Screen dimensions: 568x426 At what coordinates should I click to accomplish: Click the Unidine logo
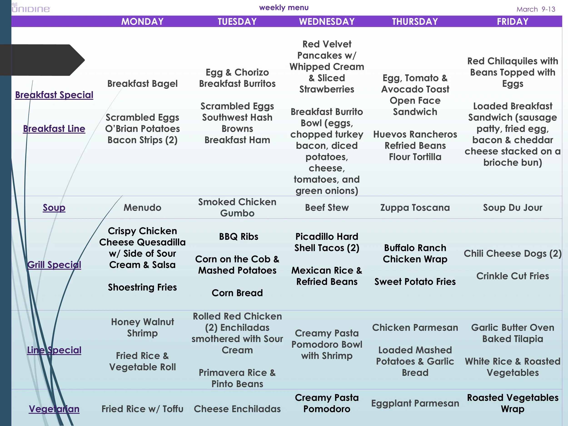click(x=31, y=8)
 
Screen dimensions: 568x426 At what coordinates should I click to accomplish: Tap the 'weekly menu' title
click(x=284, y=8)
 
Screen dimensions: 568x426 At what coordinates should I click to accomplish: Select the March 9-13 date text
click(x=536, y=9)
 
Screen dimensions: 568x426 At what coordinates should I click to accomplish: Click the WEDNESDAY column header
click(x=327, y=22)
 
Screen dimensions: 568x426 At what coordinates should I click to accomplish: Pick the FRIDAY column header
click(x=513, y=22)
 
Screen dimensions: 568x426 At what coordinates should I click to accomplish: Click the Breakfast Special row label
click(x=54, y=95)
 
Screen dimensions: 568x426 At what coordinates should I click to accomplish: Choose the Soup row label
click(x=54, y=207)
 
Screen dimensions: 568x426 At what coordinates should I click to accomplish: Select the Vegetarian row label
click(x=54, y=409)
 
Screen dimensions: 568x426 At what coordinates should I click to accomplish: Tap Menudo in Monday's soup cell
click(x=142, y=207)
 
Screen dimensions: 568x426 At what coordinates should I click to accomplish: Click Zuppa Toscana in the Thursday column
click(x=415, y=207)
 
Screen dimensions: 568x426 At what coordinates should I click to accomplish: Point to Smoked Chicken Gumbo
click(x=237, y=207)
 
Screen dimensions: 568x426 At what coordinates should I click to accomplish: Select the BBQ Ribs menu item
click(x=239, y=237)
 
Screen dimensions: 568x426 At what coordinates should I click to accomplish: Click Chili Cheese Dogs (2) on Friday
click(x=513, y=254)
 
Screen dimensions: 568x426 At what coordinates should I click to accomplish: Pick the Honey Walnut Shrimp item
click(x=142, y=327)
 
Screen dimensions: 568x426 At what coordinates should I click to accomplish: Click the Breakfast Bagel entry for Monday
click(x=142, y=84)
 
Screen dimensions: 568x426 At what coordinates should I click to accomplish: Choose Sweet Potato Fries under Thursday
click(x=415, y=282)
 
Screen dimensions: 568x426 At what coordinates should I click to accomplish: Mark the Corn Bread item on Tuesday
click(x=237, y=293)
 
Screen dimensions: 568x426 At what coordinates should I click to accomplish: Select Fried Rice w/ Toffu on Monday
click(x=142, y=409)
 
